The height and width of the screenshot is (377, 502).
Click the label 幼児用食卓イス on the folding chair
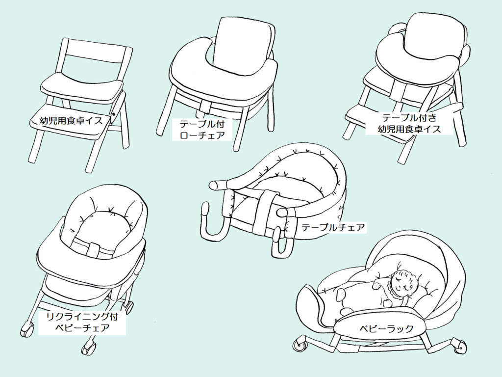pyautogui.click(x=71, y=121)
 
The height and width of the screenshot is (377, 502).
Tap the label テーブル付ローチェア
pyautogui.click(x=202, y=130)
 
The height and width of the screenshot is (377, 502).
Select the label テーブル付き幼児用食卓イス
pyautogui.click(x=409, y=123)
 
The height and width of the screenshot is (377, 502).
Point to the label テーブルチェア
pyautogui.click(x=333, y=227)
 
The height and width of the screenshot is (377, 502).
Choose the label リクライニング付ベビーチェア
pyautogui.click(x=82, y=322)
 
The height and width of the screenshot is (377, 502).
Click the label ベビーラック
pyautogui.click(x=386, y=328)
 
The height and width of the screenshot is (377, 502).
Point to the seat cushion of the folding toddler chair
pyautogui.click(x=82, y=85)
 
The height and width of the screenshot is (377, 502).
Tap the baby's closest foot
pyautogui.click(x=346, y=311)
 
